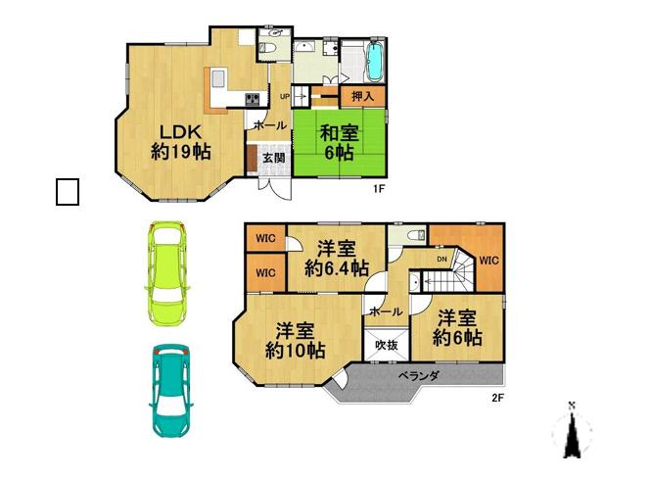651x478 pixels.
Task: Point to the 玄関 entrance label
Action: coord(273,157)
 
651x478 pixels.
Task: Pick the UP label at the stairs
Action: coord(284,96)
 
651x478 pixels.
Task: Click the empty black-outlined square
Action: coord(67,192)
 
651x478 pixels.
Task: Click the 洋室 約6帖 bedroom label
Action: coord(457,327)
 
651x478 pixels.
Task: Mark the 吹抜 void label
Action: coord(385,344)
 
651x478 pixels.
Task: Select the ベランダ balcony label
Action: coord(418,375)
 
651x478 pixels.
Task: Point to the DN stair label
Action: coord(442,259)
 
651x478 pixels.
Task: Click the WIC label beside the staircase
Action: coord(488,261)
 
